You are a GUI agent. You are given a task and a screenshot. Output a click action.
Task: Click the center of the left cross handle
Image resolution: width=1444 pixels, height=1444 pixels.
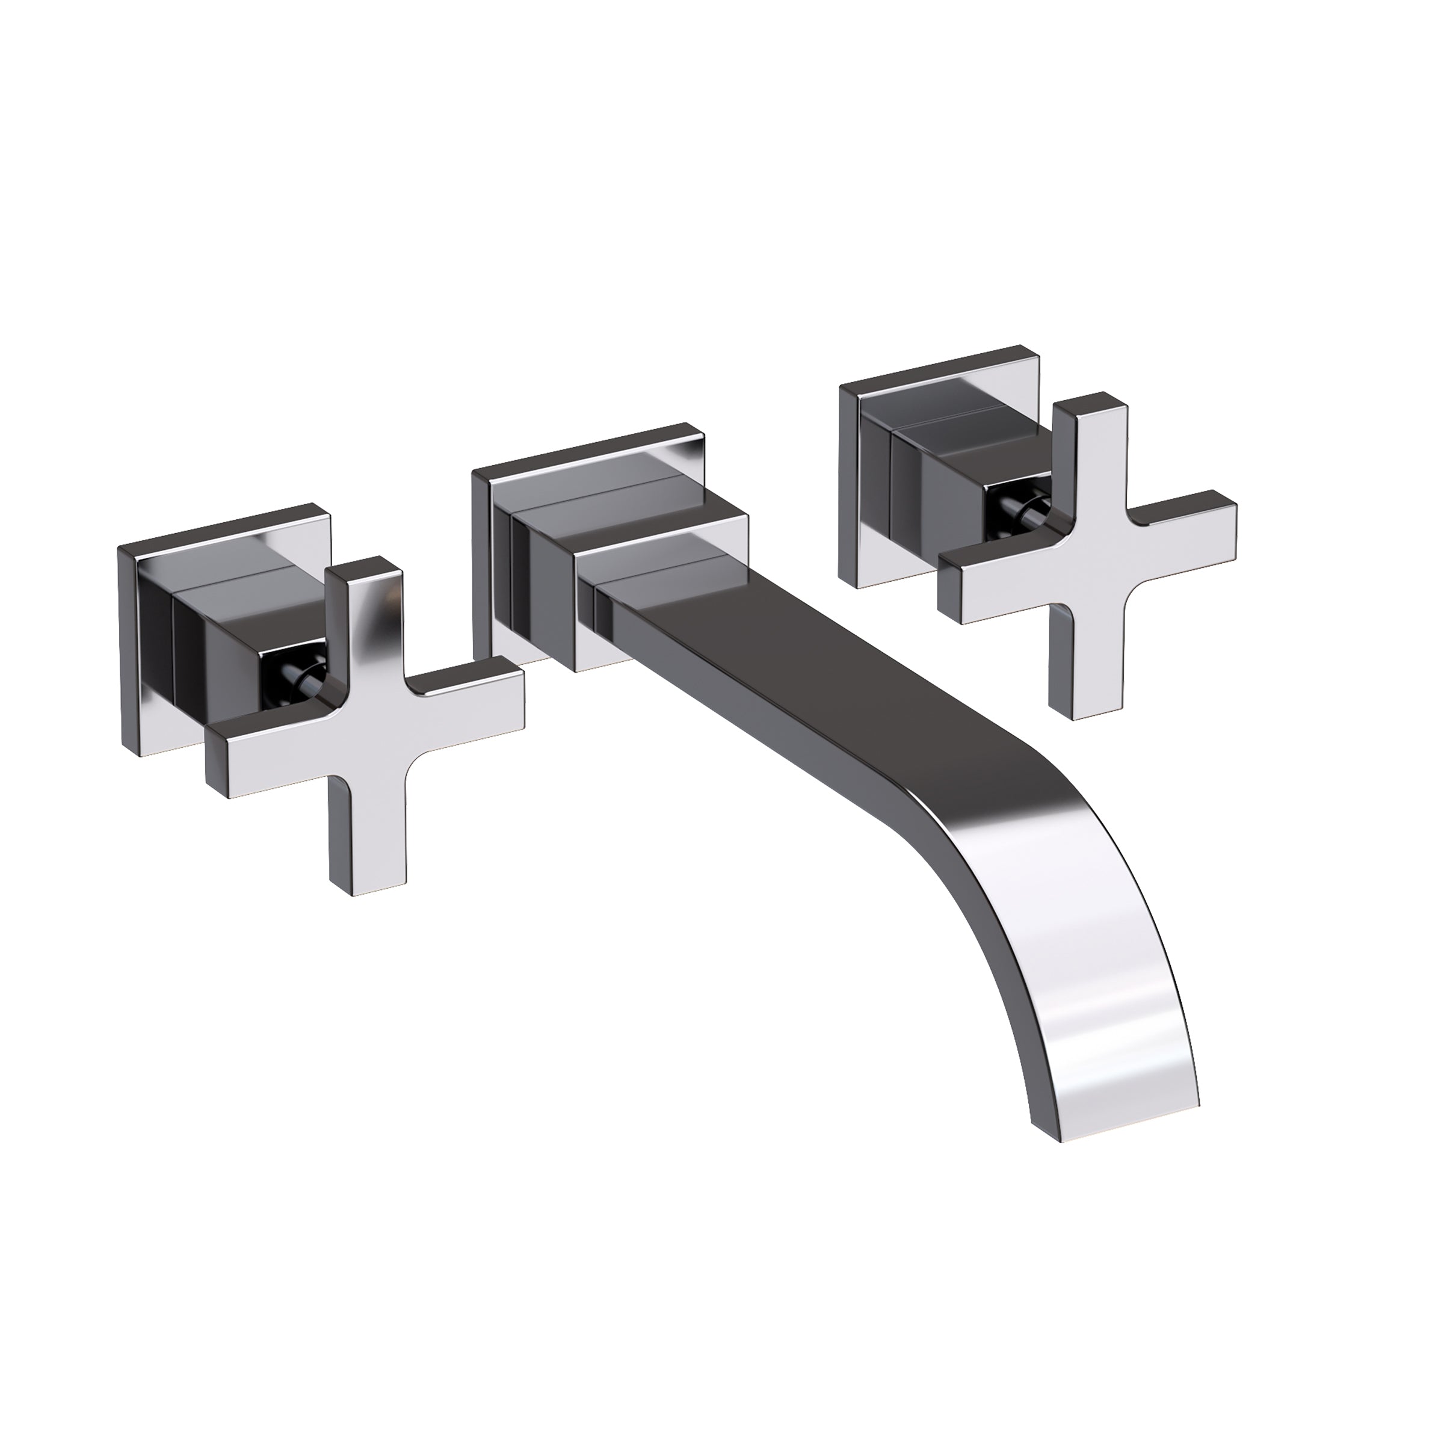[x=366, y=721]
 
